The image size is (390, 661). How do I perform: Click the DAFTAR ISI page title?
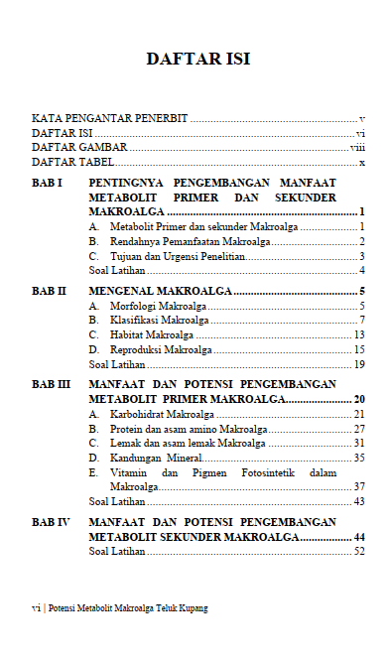[x=197, y=59]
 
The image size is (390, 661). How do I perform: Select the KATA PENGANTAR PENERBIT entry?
[x=109, y=118]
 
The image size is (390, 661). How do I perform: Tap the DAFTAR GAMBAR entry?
[x=72, y=147]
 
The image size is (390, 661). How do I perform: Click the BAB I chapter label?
[x=47, y=184]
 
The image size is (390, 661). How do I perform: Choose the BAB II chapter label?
[x=49, y=291]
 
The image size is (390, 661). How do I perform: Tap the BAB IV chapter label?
[x=50, y=521]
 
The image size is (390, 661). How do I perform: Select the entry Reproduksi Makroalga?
[x=162, y=349]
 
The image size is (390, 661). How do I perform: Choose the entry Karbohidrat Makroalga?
[x=163, y=414]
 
